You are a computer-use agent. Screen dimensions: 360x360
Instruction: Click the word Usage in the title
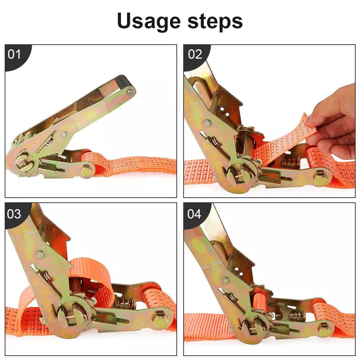pos(149,21)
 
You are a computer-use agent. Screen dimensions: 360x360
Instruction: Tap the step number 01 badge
pos(14,54)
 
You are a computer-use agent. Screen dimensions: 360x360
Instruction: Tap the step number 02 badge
pos(195,54)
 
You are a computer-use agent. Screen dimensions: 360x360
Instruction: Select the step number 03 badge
pos(14,214)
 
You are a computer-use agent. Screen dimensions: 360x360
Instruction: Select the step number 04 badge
pos(194,214)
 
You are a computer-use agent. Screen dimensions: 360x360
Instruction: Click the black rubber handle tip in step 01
pos(123,81)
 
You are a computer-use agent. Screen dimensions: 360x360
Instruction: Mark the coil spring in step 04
pos(297,317)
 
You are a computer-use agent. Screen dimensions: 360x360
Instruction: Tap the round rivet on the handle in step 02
pos(208,123)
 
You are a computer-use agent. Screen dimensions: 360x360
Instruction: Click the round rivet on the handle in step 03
pos(40,255)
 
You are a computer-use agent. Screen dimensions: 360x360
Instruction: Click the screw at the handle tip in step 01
pos(130,92)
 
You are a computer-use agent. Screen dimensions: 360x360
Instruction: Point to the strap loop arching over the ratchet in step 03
pos(92,273)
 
